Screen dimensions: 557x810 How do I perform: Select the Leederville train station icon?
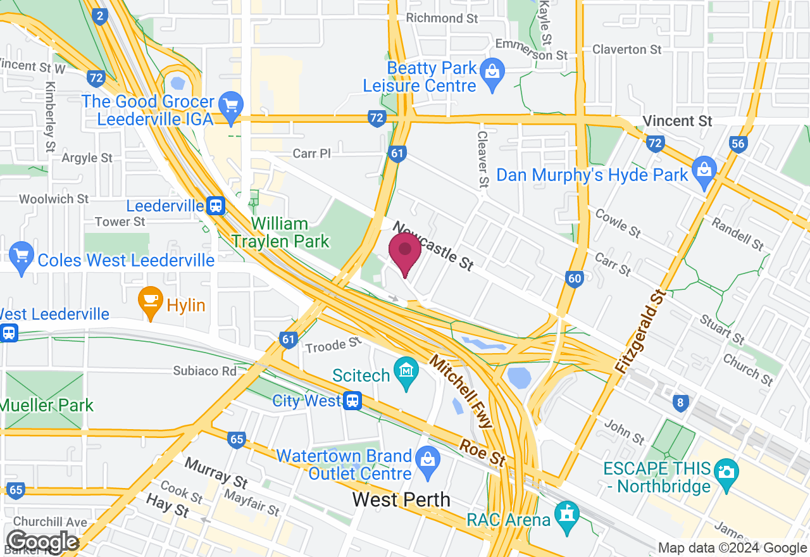point(216,205)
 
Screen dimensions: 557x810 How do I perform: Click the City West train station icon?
point(352,400)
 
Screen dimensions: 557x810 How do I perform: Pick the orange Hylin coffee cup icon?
point(151,299)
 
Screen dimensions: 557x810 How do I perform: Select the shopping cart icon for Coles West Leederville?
point(22,256)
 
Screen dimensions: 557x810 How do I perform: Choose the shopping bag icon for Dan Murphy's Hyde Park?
point(704,170)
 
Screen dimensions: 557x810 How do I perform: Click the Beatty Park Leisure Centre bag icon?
point(492,71)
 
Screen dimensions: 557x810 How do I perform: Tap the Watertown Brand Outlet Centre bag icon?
point(428,458)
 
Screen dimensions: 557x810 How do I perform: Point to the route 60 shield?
point(574,278)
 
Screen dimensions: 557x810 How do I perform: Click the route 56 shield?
point(738,143)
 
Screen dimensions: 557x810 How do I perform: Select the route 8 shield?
point(680,403)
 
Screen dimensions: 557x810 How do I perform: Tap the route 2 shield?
point(99,16)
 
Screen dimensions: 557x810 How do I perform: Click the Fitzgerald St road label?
point(642,330)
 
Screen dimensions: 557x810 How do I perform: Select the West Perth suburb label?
point(401,499)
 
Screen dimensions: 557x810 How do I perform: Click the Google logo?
point(42,542)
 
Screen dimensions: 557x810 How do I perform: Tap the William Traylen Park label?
point(280,232)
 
